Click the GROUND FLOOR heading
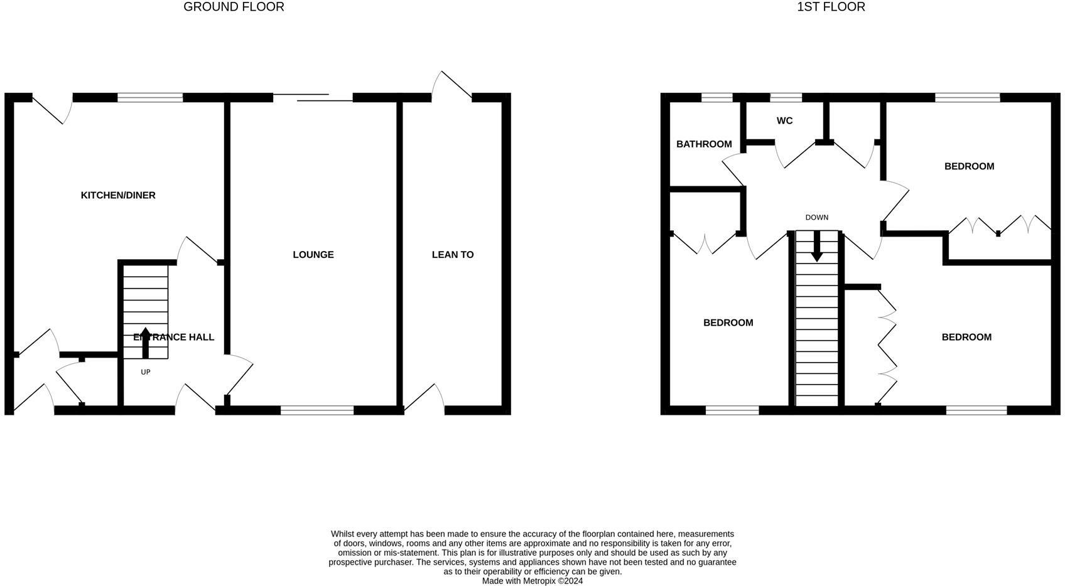tap(234, 7)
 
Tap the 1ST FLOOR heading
tap(831, 7)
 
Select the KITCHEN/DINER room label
tap(118, 195)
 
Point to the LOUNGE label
tap(313, 255)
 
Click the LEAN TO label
tap(453, 255)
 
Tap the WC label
tap(784, 120)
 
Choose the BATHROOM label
tap(704, 144)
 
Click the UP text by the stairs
tap(146, 372)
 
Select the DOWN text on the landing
tap(817, 218)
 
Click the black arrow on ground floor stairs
tap(146, 343)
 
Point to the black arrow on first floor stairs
tap(817, 246)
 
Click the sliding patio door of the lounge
tap(313, 98)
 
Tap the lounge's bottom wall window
tap(317, 410)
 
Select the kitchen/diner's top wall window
tap(150, 98)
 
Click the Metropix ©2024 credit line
tap(532, 581)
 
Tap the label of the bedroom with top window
tap(969, 166)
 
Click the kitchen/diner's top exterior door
tap(52, 109)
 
